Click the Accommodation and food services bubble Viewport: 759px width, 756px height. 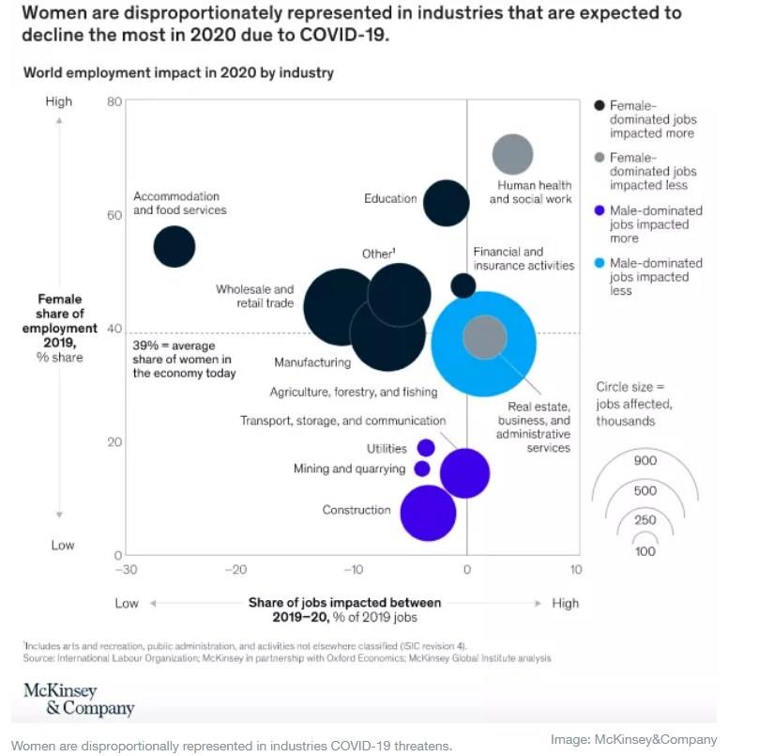[174, 247]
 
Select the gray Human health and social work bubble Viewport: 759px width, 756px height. [512, 155]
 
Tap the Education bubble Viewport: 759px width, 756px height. [447, 203]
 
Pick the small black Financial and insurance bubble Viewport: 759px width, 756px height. [463, 285]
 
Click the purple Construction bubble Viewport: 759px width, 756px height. [428, 513]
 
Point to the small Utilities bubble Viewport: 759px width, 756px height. [426, 448]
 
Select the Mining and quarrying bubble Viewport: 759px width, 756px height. [422, 469]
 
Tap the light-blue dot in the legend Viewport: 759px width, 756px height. [600, 264]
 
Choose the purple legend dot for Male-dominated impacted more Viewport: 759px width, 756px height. [600, 211]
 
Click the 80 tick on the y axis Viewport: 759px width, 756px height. [114, 101]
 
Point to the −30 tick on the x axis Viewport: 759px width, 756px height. [126, 570]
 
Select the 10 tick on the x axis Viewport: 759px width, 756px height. [576, 570]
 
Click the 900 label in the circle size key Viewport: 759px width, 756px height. [645, 460]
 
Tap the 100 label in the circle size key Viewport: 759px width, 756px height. [645, 551]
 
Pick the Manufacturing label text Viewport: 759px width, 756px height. [312, 363]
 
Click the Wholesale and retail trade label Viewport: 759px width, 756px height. [254, 297]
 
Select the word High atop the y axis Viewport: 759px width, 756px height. [58, 101]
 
